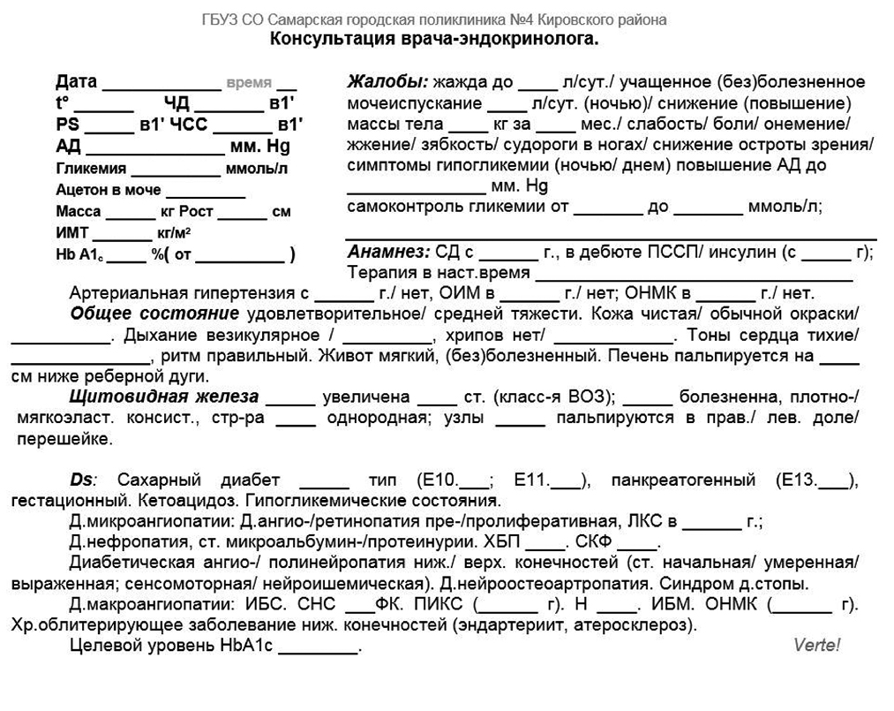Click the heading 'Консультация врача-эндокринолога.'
tap(433, 39)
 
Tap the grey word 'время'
tap(249, 82)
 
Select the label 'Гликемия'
tap(91, 168)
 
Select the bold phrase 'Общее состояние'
tap(154, 314)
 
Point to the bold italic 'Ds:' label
tap(85, 480)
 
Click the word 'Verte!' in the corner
tap(816, 645)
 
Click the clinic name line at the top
tap(433, 19)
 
